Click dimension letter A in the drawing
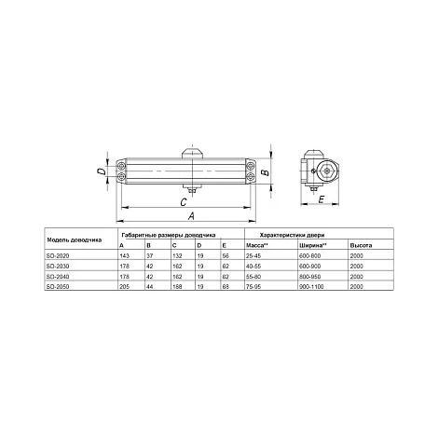tap(192, 215)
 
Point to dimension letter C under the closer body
tap(184, 202)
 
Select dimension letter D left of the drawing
tap(100, 171)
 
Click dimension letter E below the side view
tap(322, 199)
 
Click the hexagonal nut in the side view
tap(326, 171)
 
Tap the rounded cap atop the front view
tap(193, 154)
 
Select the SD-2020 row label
tap(58, 256)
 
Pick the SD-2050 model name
tap(58, 286)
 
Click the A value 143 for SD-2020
tap(124, 256)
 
